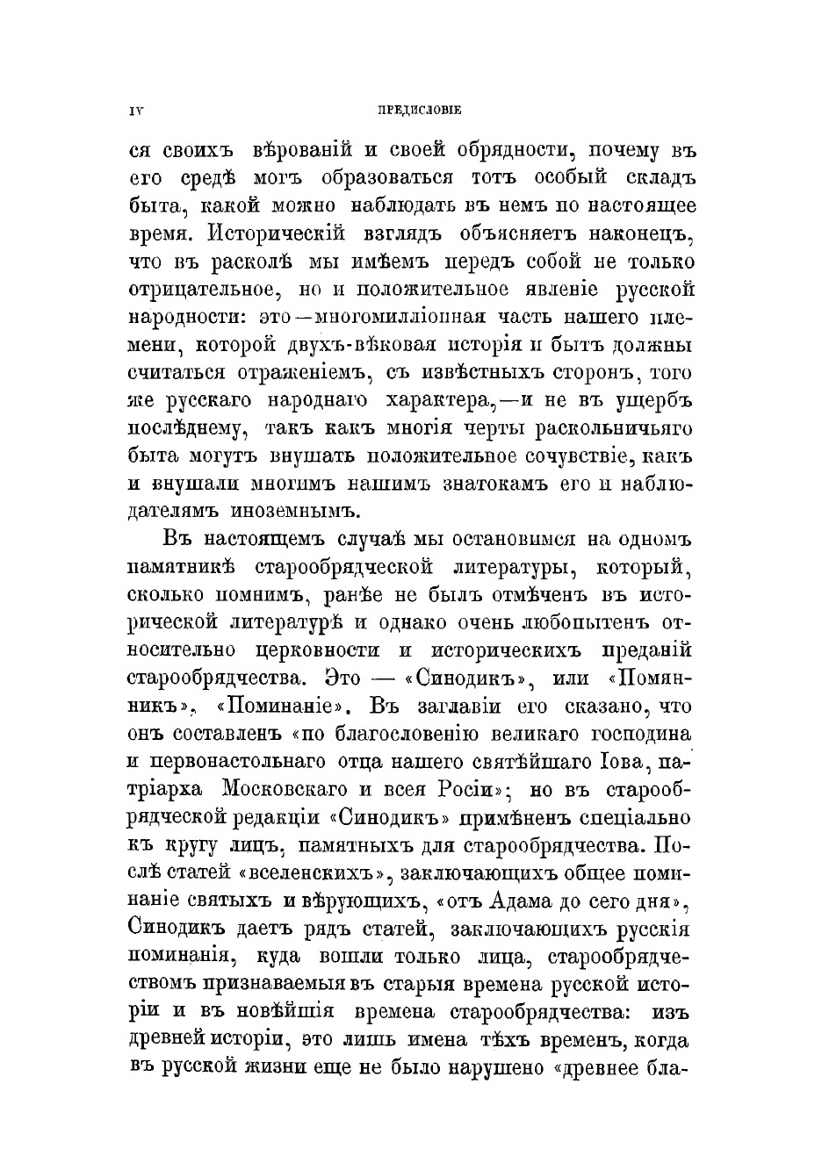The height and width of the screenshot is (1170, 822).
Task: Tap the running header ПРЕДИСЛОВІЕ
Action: click(x=419, y=111)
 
